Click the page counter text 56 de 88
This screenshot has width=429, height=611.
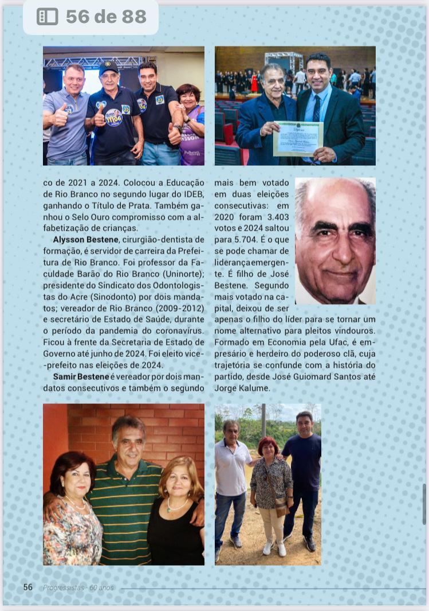tap(106, 17)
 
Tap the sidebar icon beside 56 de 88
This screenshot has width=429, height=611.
tap(48, 17)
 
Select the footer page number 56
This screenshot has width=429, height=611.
tap(27, 587)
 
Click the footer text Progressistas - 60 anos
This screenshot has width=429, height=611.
tap(78, 588)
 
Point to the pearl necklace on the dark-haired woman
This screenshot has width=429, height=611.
tap(75, 504)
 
